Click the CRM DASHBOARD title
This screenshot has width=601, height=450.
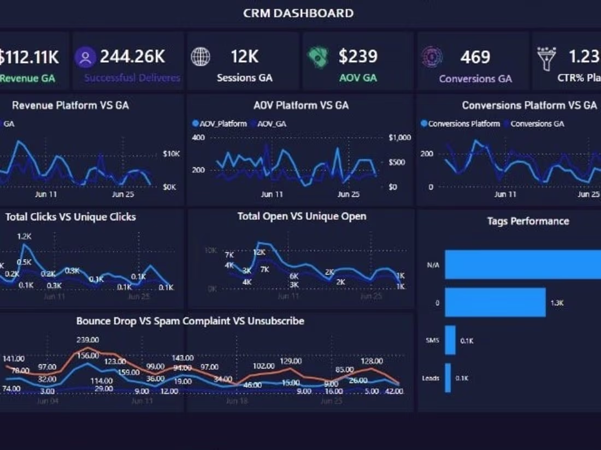point(298,13)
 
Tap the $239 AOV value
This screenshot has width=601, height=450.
point(358,56)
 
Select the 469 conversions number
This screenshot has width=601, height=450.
point(475,57)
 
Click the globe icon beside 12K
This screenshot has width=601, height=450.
point(201,57)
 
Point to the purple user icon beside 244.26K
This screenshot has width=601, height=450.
point(85,57)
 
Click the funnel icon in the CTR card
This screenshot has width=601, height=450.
point(546,57)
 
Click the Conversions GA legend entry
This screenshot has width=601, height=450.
point(537,124)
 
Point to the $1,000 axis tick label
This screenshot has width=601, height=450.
point(399,137)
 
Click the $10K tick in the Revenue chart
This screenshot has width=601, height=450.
point(171,154)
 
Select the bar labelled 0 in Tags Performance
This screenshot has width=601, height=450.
point(495,302)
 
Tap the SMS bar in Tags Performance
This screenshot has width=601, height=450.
point(450,340)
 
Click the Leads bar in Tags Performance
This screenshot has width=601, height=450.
point(448,377)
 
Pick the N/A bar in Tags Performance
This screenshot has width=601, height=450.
point(522,265)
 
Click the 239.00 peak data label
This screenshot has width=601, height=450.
point(88,339)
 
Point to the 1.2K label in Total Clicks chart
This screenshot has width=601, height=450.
point(25,236)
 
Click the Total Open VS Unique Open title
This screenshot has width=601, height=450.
point(302,217)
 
